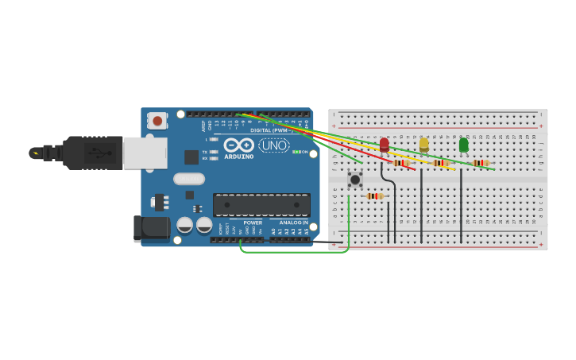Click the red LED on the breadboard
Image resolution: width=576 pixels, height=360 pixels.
point(385,144)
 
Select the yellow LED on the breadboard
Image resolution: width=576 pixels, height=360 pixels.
point(424,144)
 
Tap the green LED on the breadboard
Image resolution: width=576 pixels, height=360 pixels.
point(464,144)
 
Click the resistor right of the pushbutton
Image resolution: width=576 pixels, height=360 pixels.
point(375,196)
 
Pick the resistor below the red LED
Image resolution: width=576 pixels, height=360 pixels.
point(401,163)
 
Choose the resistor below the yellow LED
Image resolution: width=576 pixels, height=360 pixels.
point(441,163)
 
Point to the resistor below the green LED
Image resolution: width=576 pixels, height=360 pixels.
point(481,163)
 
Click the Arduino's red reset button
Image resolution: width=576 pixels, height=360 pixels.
point(158,121)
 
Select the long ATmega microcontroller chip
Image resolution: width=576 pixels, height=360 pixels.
point(261,204)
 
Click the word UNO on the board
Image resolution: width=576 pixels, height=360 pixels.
point(274,145)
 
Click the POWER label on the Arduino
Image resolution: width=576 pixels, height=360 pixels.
point(253,223)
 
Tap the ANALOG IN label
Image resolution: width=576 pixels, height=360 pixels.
point(293,223)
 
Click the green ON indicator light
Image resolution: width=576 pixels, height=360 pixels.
point(296,152)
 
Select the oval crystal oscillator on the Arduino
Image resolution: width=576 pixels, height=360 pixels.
point(189,179)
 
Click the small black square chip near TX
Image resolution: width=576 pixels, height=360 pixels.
point(191,157)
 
